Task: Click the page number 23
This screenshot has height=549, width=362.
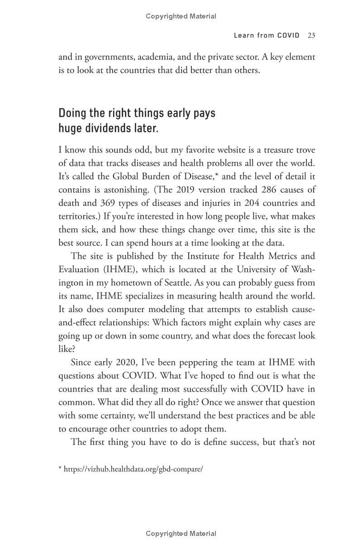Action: [311, 35]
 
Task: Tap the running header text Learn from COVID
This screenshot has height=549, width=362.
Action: [267, 35]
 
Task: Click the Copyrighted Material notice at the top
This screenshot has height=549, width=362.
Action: [181, 16]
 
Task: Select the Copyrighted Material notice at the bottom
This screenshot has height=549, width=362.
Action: [181, 534]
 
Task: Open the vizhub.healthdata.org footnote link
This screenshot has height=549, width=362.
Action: [133, 469]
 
